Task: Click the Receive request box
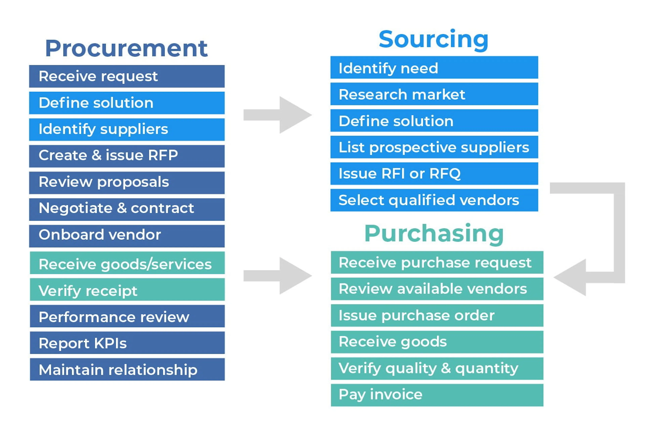click(127, 76)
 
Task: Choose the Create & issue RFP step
click(127, 156)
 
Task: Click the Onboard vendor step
click(127, 236)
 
